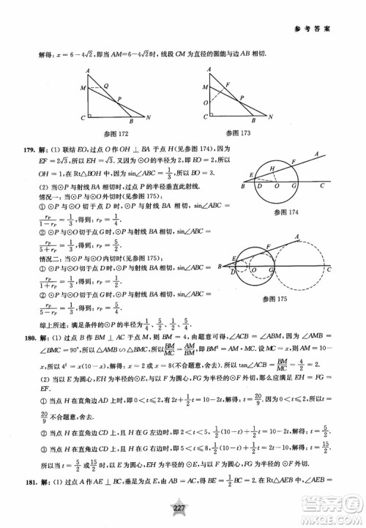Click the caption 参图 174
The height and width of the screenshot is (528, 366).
pos(281,212)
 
